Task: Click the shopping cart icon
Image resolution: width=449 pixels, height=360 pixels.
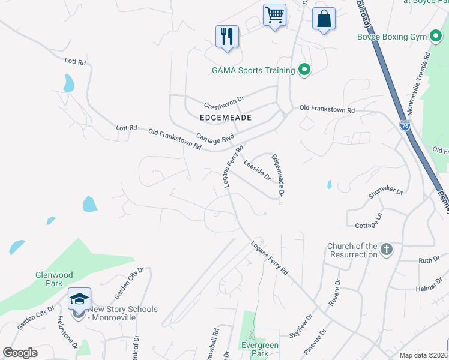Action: coord(274,14)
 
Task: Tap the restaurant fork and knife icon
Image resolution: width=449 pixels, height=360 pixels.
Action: coord(227,36)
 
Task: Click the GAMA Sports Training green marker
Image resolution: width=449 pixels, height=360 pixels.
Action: coord(304,70)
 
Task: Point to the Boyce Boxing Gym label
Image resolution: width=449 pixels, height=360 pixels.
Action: coord(391,37)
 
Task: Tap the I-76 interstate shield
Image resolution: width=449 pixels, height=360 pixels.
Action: coord(405,125)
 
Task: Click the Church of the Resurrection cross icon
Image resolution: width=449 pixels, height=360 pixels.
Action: coord(387,249)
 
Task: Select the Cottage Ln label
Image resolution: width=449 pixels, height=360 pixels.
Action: coord(369,221)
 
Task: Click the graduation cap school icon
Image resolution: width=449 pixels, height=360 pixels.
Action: coord(79,298)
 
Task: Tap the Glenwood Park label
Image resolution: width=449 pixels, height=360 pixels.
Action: coord(54,279)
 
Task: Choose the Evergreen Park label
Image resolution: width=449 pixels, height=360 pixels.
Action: coord(259,349)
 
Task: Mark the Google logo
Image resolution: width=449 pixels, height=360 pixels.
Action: coord(20,353)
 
